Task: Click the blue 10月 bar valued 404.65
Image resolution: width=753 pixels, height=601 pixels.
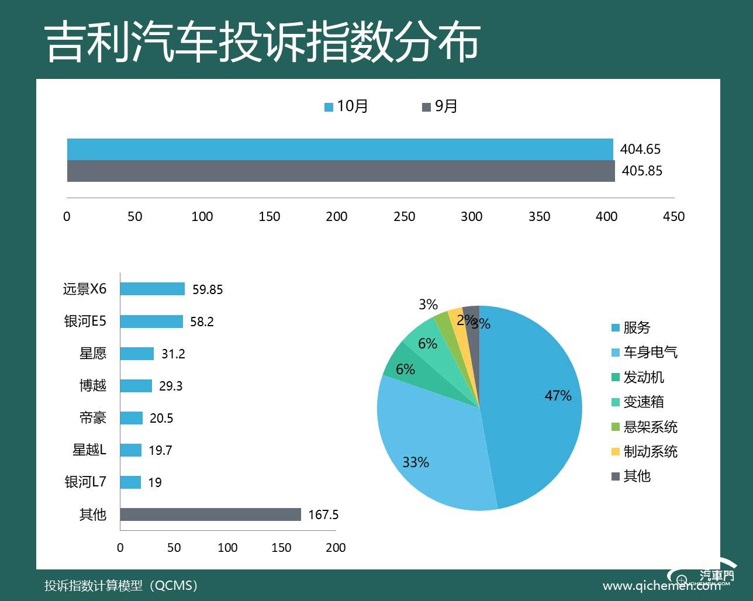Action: point(340,149)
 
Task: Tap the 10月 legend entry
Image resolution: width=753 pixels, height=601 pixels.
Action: point(347,106)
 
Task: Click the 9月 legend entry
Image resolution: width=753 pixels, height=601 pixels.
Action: point(440,106)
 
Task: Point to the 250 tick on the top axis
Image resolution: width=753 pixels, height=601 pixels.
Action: point(404,216)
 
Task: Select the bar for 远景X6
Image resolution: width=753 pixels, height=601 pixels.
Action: point(153,289)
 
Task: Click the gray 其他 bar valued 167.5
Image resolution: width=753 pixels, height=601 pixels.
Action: point(210,514)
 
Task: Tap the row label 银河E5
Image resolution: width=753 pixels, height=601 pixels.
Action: point(85,321)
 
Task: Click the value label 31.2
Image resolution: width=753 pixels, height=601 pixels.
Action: point(173,354)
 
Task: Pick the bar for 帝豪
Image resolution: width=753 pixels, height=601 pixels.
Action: point(132,418)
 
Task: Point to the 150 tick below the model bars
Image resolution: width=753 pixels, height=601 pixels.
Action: point(281,548)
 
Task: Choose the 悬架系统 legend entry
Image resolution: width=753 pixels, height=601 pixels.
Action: point(644,427)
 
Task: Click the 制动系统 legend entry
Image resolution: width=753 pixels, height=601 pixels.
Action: point(644,451)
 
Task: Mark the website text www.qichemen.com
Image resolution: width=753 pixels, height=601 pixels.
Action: point(661,585)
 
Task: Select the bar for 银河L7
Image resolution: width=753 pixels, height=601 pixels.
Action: point(131,482)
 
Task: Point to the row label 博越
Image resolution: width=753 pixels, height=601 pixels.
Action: point(93,386)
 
